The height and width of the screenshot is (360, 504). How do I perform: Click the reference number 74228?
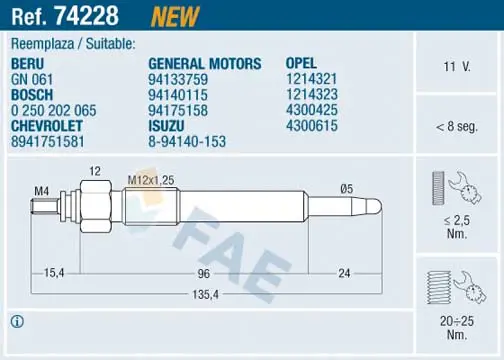pos(87,16)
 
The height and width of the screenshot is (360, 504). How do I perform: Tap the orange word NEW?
pos(175,16)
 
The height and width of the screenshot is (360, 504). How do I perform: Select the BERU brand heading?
pos(27,64)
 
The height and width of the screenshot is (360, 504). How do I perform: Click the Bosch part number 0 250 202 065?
pos(54,110)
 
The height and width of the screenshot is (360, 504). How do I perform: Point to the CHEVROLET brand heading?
pos(47,126)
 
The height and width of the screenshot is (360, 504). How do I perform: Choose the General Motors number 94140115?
pos(178,95)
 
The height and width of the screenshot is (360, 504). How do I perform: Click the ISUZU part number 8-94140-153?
pos(187,142)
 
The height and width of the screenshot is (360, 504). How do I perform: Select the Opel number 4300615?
pos(312,126)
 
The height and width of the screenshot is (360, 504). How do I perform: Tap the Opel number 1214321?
pos(312,79)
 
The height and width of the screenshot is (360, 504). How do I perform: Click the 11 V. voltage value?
pos(457,67)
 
